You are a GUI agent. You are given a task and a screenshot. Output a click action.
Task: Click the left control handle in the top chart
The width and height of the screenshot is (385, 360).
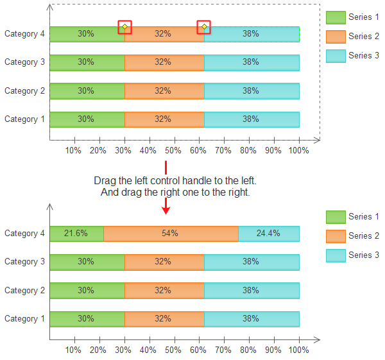click(x=124, y=27)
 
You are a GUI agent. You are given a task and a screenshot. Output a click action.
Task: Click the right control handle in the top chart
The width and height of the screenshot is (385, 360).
click(x=204, y=27)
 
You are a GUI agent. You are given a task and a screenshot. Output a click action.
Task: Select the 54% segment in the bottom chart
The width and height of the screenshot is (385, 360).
click(x=171, y=234)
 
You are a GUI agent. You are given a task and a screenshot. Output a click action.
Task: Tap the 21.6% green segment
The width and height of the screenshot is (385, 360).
click(x=76, y=234)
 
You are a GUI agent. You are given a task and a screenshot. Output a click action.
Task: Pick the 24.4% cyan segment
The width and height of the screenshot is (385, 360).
click(x=268, y=234)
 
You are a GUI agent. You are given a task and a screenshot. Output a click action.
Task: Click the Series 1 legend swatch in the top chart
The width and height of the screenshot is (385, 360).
click(x=336, y=17)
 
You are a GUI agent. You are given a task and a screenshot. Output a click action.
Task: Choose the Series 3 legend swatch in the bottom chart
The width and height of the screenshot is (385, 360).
click(x=336, y=255)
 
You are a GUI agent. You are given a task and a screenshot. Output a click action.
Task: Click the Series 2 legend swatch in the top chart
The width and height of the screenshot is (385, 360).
click(x=336, y=37)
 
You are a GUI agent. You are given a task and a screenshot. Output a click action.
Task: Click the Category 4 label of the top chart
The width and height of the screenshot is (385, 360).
click(x=24, y=34)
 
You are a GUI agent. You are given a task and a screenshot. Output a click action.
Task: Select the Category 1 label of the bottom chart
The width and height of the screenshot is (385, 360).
click(x=24, y=319)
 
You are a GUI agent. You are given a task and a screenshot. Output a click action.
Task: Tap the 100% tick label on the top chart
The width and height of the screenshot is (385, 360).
click(x=299, y=150)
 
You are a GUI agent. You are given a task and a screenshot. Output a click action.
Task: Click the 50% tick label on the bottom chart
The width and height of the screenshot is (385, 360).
click(x=173, y=350)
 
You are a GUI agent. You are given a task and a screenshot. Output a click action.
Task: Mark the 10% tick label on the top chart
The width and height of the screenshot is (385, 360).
click(x=73, y=150)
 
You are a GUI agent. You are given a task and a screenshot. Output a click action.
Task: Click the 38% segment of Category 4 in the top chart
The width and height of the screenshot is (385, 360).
click(x=252, y=34)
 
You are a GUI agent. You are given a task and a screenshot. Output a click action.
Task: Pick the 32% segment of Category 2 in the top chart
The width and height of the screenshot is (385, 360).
click(x=164, y=90)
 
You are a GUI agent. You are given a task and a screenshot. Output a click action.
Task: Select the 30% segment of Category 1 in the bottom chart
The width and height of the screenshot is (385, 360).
click(x=87, y=319)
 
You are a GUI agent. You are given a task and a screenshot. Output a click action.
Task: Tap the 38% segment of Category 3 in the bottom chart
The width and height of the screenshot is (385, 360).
click(x=252, y=262)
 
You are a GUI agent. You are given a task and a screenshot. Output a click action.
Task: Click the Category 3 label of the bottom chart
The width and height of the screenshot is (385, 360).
click(x=24, y=262)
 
